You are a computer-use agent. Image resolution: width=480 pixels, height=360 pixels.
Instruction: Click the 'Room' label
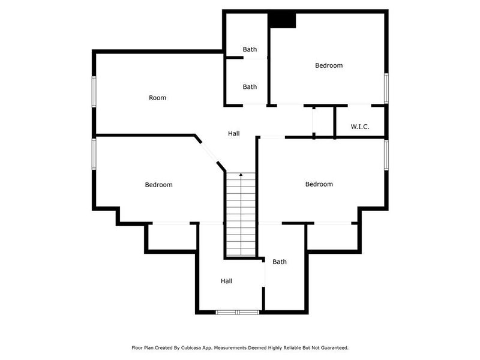click(x=158, y=98)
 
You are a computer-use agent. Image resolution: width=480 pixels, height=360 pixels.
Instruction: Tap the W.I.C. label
click(x=359, y=127)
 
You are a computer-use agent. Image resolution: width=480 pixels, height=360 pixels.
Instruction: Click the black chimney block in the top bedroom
click(x=282, y=20)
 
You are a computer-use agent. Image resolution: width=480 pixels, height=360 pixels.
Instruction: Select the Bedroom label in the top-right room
click(x=329, y=65)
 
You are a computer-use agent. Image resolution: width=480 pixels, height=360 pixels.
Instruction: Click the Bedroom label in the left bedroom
click(x=158, y=185)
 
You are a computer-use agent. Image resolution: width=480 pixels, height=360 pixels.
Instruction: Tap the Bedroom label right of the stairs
click(x=319, y=184)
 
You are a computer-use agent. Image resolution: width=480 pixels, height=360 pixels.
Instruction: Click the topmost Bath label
click(x=250, y=49)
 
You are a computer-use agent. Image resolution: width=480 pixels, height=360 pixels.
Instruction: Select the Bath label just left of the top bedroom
click(x=250, y=87)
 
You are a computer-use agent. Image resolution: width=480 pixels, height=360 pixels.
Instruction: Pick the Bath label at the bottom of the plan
click(x=280, y=262)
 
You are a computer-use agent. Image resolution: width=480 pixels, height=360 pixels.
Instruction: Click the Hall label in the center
click(x=234, y=133)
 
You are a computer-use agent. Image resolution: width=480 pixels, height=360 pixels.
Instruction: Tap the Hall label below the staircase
click(x=226, y=281)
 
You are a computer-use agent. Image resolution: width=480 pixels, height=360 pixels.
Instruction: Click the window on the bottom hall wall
click(x=238, y=312)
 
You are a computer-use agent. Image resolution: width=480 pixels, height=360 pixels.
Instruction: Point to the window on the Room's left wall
click(x=94, y=91)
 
